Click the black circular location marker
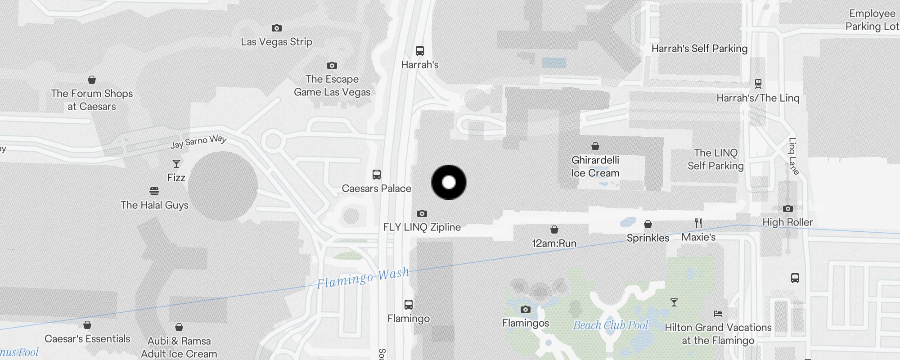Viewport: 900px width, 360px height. point(449,182)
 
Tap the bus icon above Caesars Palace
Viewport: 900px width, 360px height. point(377,175)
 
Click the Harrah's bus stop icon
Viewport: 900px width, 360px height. point(420,51)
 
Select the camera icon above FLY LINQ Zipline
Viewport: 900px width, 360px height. point(422,213)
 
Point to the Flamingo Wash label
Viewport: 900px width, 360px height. point(363,278)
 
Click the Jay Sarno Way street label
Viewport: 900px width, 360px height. point(198,141)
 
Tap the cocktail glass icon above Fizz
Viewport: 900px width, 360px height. point(176,164)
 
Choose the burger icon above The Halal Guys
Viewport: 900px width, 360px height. point(154,191)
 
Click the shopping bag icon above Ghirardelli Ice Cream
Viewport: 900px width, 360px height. point(595,146)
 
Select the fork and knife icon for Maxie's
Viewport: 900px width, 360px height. point(698,223)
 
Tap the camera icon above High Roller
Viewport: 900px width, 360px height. point(787,208)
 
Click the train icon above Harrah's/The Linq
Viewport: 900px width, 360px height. point(758,84)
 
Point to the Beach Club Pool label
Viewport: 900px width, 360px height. point(611,325)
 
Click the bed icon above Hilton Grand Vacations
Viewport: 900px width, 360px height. point(718,314)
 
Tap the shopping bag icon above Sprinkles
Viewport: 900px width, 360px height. point(648,224)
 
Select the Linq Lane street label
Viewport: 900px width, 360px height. point(793,156)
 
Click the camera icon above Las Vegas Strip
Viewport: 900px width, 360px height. point(277,28)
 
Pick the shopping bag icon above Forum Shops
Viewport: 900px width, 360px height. point(92,80)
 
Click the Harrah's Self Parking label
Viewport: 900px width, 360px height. point(699,49)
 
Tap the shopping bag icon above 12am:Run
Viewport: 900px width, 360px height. point(554,230)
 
